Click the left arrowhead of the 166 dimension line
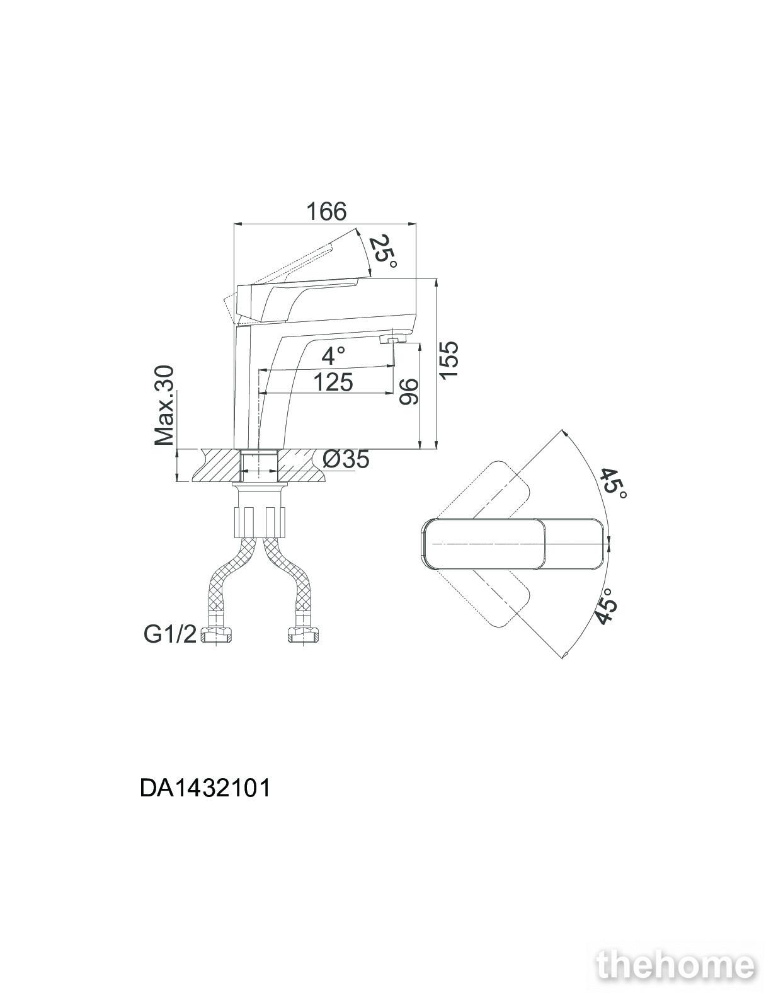point(237,224)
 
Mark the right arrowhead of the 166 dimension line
point(413,224)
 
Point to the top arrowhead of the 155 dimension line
point(435,282)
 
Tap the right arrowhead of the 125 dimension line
point(391,393)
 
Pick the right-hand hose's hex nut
point(303,636)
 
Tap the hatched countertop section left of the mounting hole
point(219,465)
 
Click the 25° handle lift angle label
point(382,254)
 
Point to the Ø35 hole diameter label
point(345,459)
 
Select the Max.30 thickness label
point(164,406)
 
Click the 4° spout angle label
point(333,356)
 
